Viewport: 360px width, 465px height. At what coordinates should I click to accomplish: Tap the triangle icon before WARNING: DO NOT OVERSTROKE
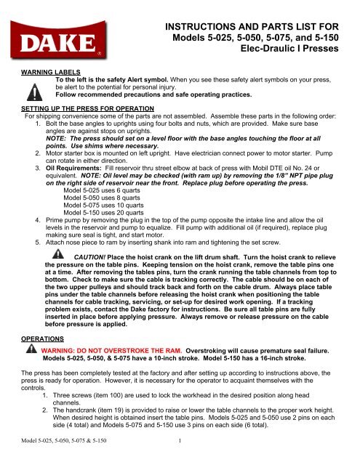[30, 349]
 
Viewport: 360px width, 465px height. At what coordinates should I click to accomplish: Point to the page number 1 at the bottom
[179, 458]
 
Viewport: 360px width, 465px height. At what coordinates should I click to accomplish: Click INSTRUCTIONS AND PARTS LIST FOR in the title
[259, 26]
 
